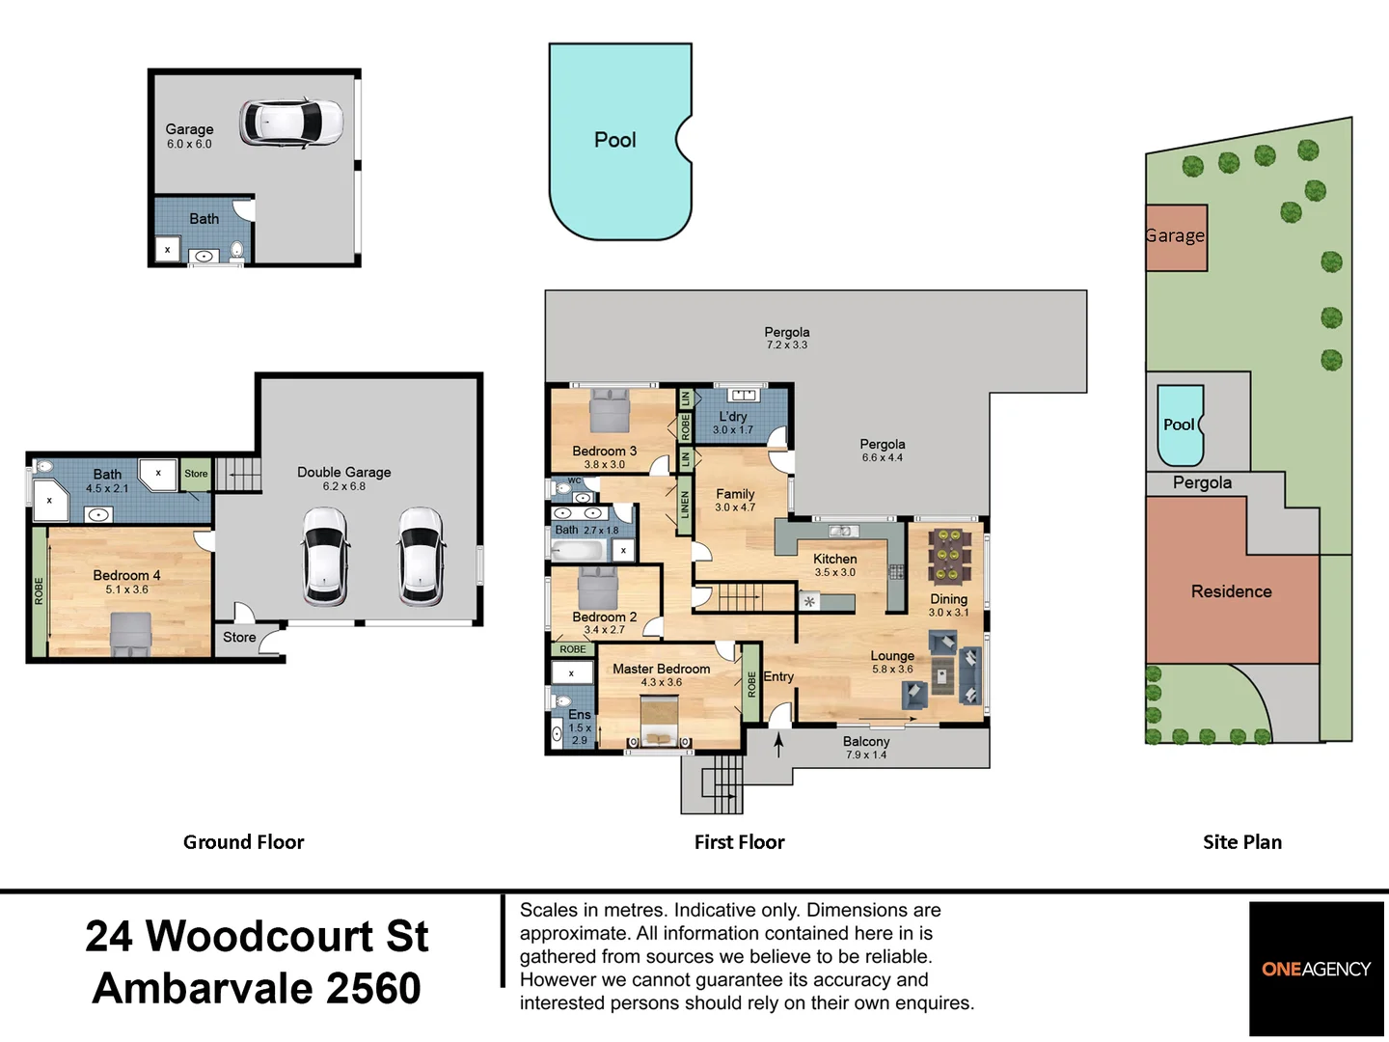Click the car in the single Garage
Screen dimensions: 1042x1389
coord(291,122)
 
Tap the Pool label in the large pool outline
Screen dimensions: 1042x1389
coord(614,140)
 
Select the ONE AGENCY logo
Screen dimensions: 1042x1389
coord(1316,969)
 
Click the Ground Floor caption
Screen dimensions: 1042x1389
coord(243,842)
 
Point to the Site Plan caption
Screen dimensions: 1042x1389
coord(1241,842)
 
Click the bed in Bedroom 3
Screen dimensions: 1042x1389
coord(609,411)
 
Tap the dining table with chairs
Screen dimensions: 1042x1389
coord(950,557)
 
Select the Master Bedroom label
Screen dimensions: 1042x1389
coord(661,669)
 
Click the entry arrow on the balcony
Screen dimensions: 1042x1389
coord(778,745)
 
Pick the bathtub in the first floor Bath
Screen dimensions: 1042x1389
coord(577,551)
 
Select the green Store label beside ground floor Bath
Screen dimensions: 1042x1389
coord(196,474)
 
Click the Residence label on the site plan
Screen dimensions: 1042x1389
coord(1231,591)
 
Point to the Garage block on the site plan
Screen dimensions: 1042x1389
coord(1176,236)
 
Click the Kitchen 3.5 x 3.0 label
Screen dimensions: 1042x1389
coord(834,564)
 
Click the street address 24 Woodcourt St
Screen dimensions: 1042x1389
coord(257,937)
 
